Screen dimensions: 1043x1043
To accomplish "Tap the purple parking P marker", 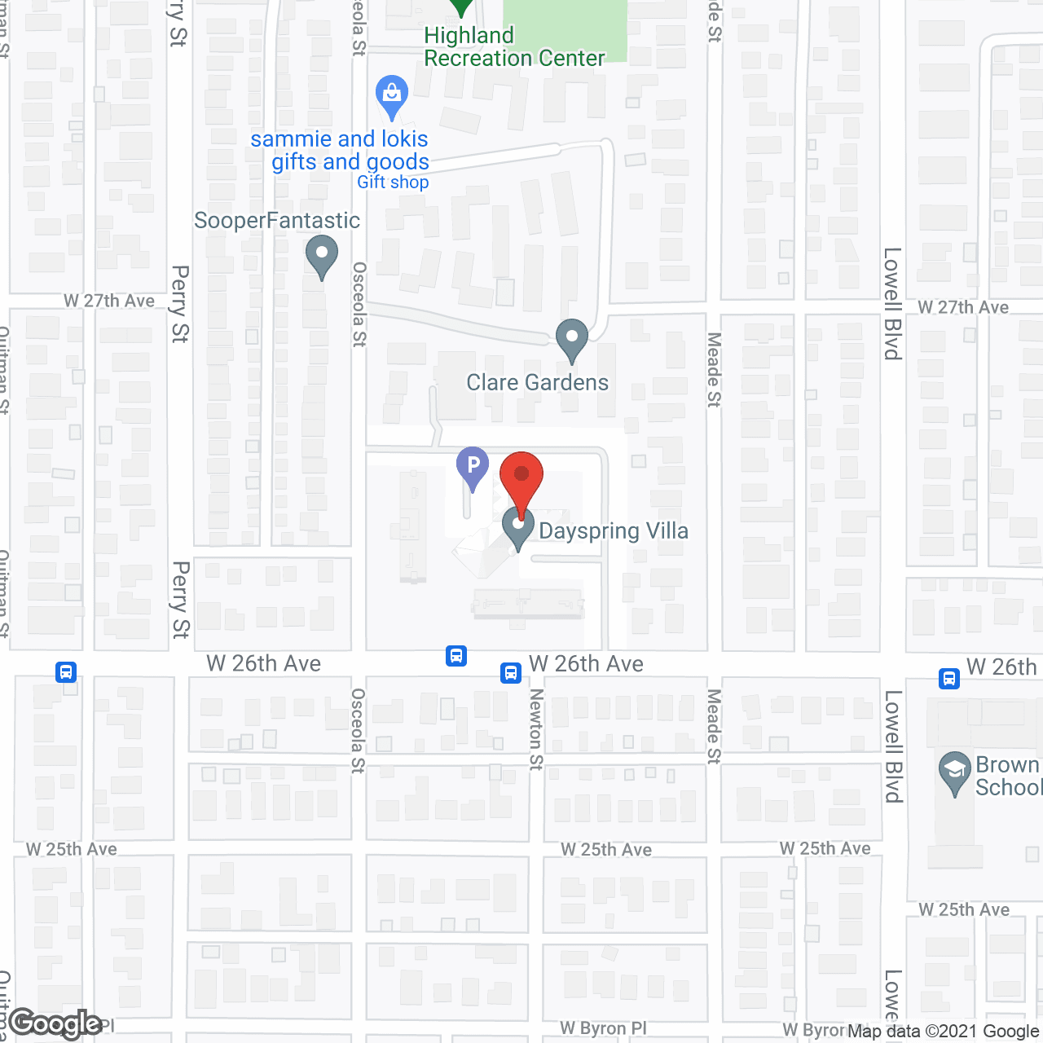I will (x=473, y=468).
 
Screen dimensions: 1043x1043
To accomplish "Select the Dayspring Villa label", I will (x=614, y=531).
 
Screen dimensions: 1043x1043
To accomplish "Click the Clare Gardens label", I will (x=537, y=383).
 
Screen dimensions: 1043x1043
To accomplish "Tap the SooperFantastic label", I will (x=277, y=221).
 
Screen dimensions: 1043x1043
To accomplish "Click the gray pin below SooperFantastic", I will (x=322, y=255).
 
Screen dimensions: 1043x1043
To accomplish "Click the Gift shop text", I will (x=393, y=183).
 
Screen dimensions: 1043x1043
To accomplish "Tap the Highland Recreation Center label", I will (x=514, y=47).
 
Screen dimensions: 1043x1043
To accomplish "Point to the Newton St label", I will (x=536, y=728).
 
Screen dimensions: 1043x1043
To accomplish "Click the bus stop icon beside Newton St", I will (x=511, y=672).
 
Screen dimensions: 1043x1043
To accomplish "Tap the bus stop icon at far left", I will (x=66, y=672).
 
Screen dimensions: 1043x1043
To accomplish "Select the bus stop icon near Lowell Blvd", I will (x=948, y=678).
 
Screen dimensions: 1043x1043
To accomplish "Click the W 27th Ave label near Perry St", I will (x=109, y=301).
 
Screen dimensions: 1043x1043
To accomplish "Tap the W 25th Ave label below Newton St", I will (x=606, y=850).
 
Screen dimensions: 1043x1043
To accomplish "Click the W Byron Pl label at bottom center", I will (x=603, y=1028).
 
